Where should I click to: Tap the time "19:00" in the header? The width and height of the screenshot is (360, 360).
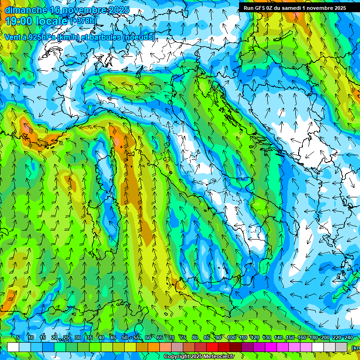click(17, 22)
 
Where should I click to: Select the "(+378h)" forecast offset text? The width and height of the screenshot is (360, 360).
click(85, 22)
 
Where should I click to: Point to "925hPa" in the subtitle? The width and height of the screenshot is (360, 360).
click(42, 37)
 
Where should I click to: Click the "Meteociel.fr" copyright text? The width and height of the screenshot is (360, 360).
click(217, 357)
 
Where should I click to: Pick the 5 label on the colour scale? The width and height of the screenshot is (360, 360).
click(18, 338)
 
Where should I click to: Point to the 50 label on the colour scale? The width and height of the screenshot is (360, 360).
click(124, 338)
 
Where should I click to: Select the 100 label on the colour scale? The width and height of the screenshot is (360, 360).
click(231, 338)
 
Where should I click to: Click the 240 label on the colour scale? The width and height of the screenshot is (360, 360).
click(348, 338)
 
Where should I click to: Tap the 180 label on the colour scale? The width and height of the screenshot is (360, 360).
click(313, 338)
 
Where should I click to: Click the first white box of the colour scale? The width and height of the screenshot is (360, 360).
click(13, 347)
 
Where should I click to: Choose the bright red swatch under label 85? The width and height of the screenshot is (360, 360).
click(212, 347)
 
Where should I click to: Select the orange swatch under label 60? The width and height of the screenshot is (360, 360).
click(154, 347)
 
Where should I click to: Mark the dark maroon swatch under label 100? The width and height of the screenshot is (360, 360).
click(236, 347)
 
